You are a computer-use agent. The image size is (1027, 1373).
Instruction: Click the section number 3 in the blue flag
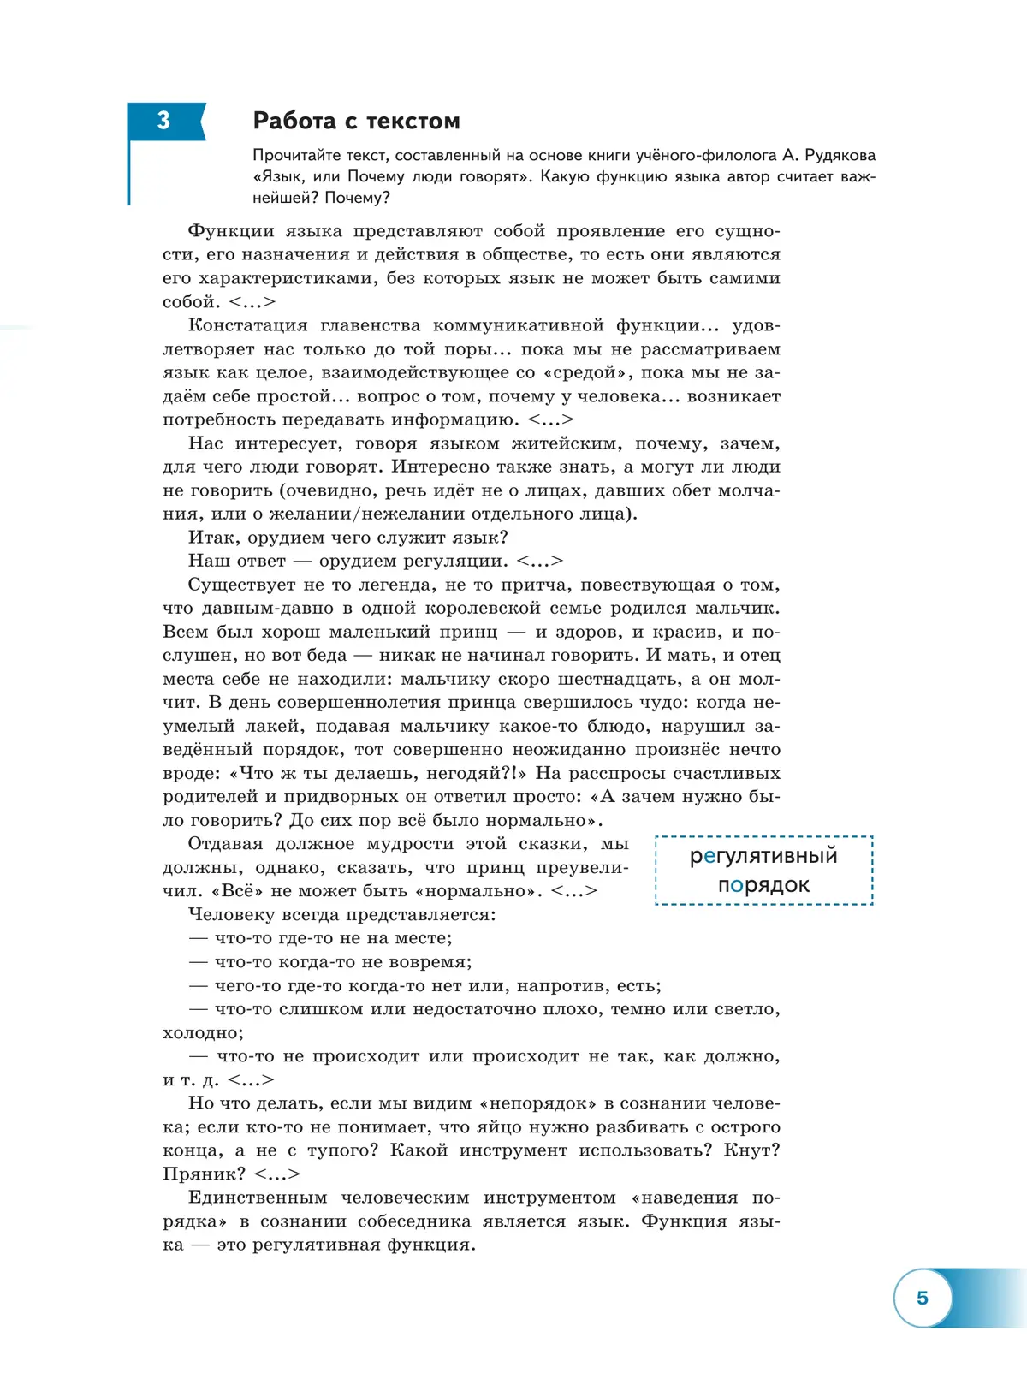(163, 121)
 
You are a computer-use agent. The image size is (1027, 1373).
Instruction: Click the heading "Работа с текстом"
(356, 121)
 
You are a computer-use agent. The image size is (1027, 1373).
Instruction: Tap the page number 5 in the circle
(922, 1298)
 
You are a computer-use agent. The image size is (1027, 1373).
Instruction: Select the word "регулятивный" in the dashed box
(763, 855)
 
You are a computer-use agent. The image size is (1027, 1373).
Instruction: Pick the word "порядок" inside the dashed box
(763, 884)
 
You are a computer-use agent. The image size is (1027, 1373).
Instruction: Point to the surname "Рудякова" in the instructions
(840, 155)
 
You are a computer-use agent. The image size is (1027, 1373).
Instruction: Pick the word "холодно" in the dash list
(201, 1033)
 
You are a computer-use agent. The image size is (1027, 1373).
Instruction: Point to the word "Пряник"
(202, 1174)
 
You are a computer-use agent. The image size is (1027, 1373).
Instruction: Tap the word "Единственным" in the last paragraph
(258, 1198)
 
